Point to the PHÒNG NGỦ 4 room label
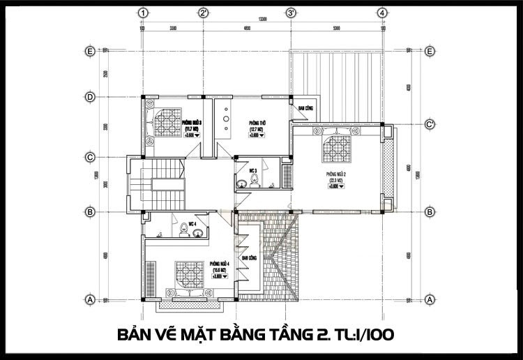pos(220,266)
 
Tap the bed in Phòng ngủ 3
pos(166,123)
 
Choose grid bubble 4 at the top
pos(383,13)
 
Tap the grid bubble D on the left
pos(89,96)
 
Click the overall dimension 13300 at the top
pos(263,20)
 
